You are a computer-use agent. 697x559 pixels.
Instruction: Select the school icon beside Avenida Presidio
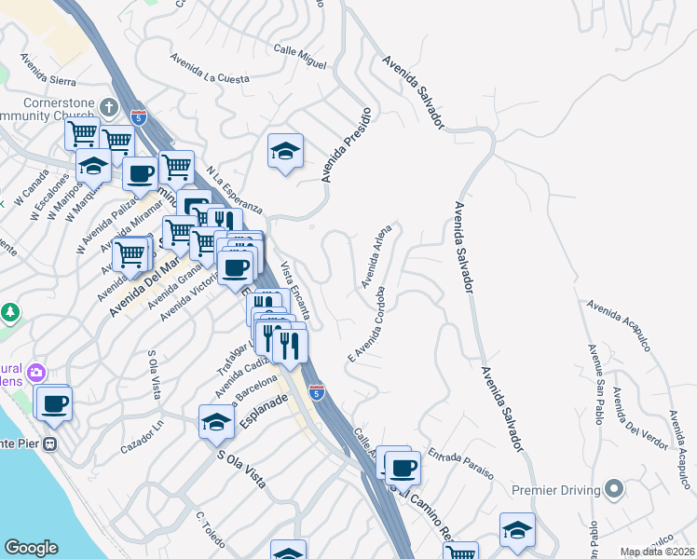point(285,151)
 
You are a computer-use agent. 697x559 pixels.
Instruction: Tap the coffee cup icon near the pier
point(55,402)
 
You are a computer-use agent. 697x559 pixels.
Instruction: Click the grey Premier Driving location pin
point(613,488)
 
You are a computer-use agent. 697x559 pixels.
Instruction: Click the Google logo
point(31,548)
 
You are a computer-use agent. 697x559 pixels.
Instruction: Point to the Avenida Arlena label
point(377,253)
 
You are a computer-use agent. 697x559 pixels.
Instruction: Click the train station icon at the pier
point(52,443)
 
